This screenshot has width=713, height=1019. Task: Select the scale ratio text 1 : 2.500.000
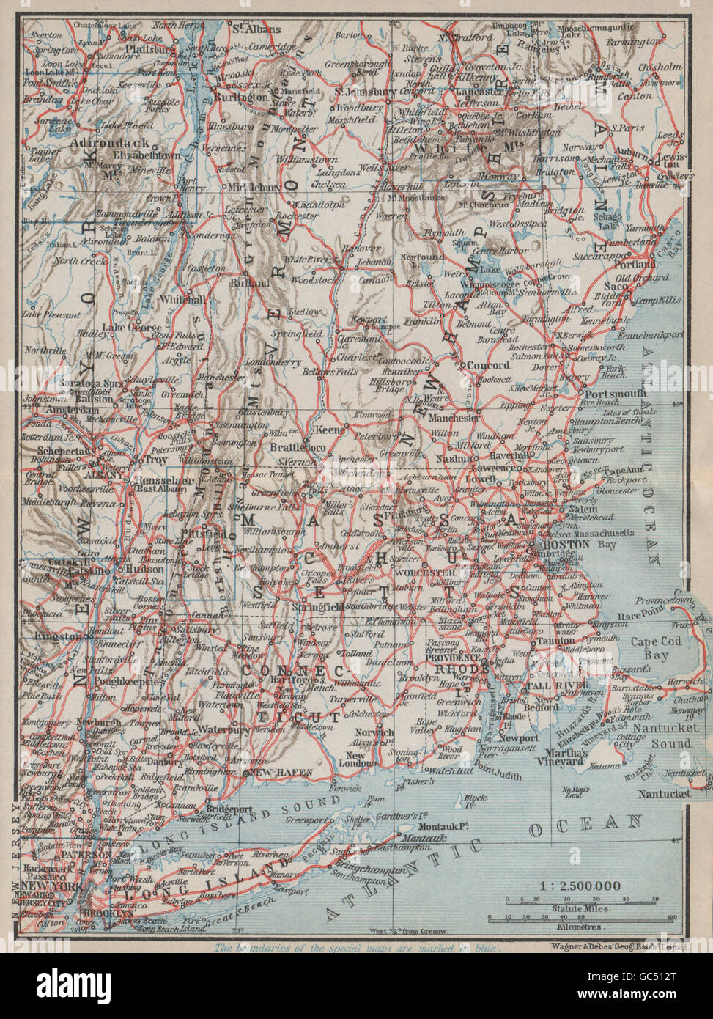coord(580,886)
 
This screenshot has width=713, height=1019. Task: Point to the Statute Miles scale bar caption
coord(579,908)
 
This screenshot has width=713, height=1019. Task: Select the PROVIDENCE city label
coord(457,659)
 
